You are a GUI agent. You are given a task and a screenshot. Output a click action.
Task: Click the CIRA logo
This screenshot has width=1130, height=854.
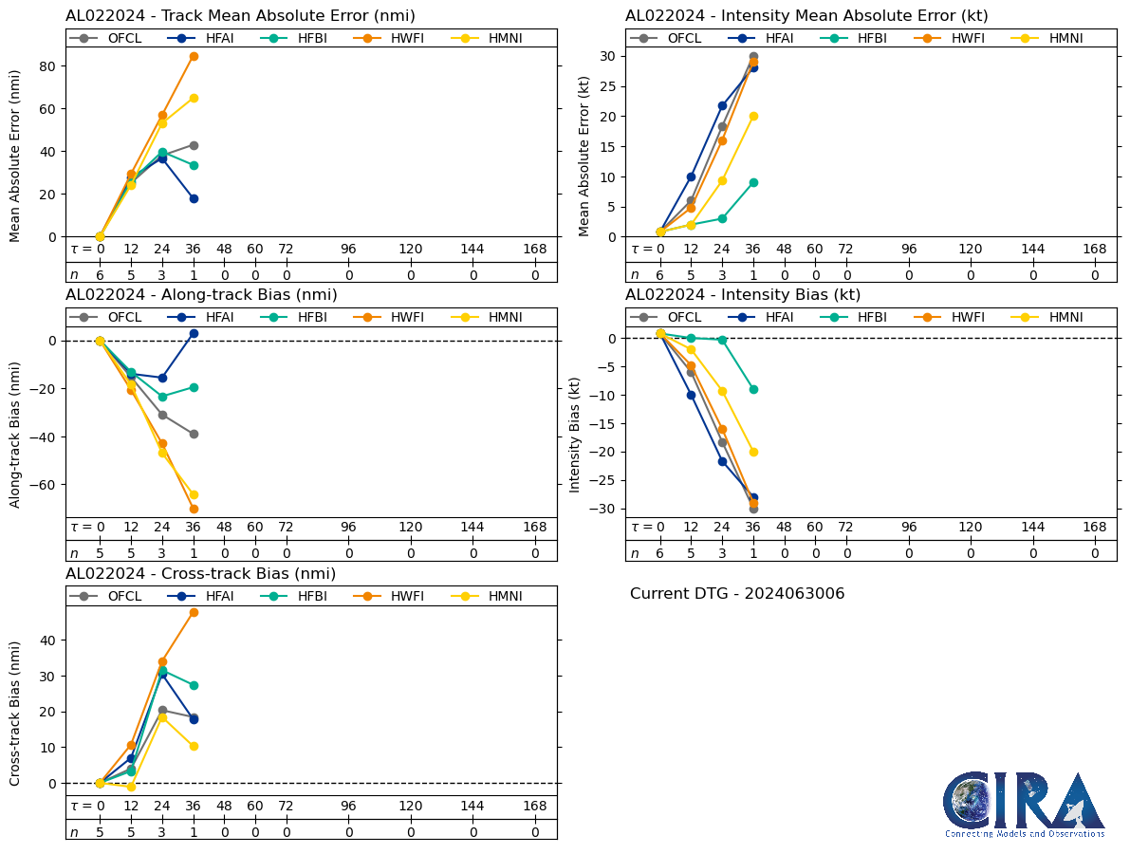click(x=1024, y=804)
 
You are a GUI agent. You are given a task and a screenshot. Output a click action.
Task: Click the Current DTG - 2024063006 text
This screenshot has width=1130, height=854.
click(x=737, y=594)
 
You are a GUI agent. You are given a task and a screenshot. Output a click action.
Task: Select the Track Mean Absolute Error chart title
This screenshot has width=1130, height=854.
click(x=240, y=16)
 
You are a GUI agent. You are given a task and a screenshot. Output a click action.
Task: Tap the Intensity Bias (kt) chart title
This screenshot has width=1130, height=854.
click(x=743, y=295)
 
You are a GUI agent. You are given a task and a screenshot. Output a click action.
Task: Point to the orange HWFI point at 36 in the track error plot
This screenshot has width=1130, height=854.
click(x=194, y=56)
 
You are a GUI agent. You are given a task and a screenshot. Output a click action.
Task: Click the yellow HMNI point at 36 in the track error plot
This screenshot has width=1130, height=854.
click(x=194, y=98)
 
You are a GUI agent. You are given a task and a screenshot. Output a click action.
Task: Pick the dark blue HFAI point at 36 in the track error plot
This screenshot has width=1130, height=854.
click(x=194, y=198)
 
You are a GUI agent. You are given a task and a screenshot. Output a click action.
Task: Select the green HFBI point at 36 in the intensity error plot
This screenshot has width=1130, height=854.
click(x=753, y=182)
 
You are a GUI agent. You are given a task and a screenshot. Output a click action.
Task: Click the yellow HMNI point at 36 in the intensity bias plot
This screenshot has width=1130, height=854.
click(x=753, y=452)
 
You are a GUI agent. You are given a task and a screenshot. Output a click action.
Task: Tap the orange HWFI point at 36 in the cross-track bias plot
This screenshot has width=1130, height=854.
click(x=194, y=612)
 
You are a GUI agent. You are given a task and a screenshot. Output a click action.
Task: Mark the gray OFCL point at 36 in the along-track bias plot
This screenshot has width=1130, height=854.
click(x=194, y=434)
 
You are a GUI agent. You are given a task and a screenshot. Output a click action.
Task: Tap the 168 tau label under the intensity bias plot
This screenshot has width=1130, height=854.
click(x=1095, y=528)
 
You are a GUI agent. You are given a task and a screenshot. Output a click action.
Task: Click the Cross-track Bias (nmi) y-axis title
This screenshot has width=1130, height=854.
click(x=16, y=714)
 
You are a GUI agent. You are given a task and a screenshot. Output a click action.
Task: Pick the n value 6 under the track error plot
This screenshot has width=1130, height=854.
click(x=100, y=275)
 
